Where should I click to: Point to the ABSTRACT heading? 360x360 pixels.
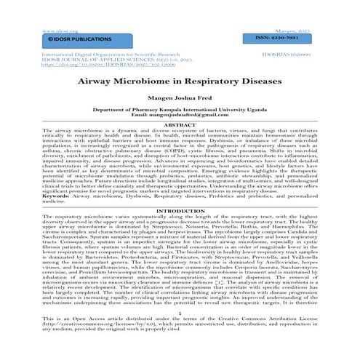point(180,124)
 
